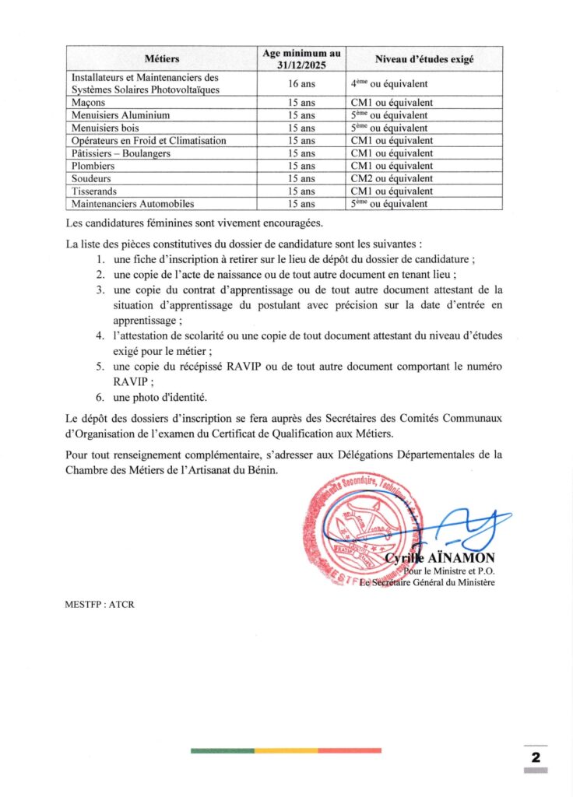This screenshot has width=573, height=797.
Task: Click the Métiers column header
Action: (x=162, y=59)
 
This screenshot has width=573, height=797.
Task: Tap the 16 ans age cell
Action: (x=301, y=83)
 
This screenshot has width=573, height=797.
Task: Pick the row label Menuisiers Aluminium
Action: (x=110, y=115)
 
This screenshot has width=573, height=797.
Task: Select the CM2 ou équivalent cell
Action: (x=392, y=178)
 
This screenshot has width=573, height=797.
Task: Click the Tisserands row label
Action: (x=93, y=191)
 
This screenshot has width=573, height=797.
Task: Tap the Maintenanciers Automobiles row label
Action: (x=127, y=204)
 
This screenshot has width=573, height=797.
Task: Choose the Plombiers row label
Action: (x=93, y=166)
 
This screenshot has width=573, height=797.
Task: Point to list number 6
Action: (x=100, y=397)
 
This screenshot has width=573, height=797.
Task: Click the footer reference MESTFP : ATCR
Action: (x=100, y=605)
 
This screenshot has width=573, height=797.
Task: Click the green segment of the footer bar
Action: (x=222, y=750)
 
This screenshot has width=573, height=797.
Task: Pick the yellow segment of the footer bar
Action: (x=286, y=750)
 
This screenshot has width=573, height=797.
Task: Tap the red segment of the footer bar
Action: (x=350, y=750)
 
